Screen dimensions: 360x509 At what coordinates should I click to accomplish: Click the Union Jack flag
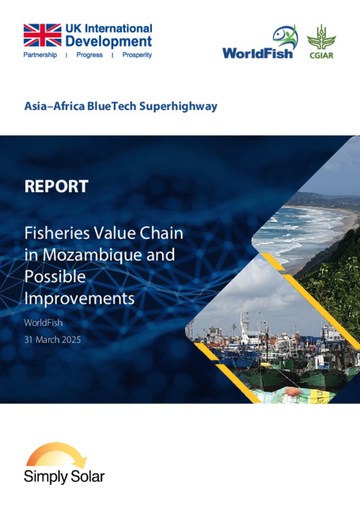click(x=42, y=35)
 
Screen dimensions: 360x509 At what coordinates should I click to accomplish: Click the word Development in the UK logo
click(x=109, y=41)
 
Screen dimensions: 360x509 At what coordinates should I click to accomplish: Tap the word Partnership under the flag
click(x=40, y=55)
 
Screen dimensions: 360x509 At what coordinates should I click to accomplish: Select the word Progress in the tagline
click(x=89, y=55)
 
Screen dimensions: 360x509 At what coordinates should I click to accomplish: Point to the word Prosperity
click(x=137, y=55)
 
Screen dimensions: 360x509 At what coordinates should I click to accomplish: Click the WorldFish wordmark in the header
click(x=258, y=53)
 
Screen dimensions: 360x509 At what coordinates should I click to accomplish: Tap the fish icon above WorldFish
click(x=285, y=37)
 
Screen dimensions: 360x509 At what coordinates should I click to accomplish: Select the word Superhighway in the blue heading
click(x=179, y=107)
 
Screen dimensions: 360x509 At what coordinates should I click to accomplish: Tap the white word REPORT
click(x=56, y=186)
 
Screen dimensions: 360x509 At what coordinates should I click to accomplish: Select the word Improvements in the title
click(x=79, y=298)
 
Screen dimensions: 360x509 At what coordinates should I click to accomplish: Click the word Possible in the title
click(x=55, y=276)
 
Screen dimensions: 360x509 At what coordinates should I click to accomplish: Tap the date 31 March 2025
click(x=53, y=340)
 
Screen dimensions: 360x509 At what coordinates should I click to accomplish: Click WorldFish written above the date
click(x=43, y=323)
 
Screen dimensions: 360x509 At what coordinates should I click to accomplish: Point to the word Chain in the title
click(x=161, y=233)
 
